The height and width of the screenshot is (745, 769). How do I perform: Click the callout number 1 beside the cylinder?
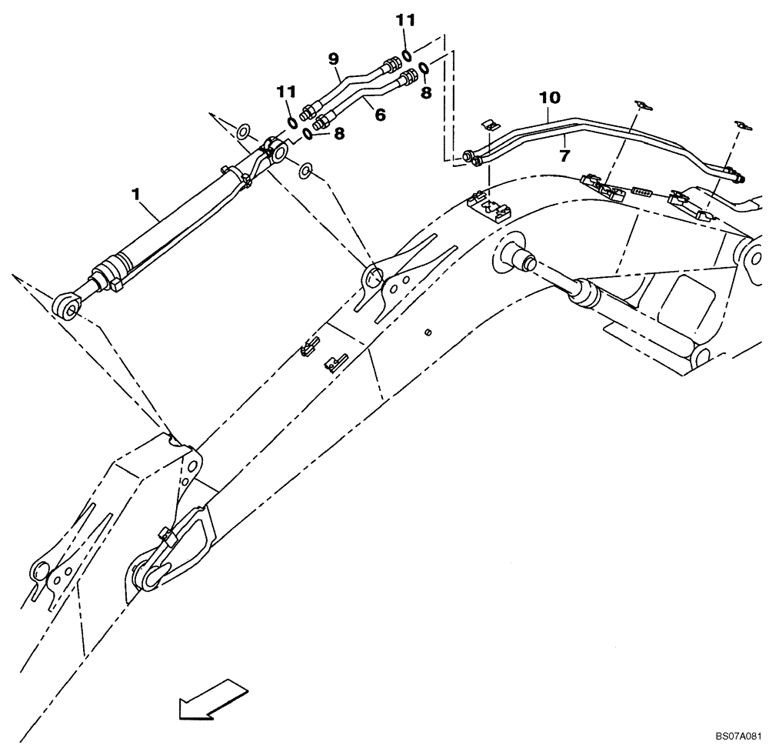(136, 195)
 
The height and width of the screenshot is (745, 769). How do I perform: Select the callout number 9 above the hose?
(333, 58)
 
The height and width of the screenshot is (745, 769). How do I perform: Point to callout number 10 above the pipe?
(549, 98)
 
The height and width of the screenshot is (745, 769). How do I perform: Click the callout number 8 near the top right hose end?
(425, 92)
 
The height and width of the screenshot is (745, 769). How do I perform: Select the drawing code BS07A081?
(736, 734)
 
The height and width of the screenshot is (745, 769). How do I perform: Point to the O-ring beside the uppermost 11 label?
(407, 54)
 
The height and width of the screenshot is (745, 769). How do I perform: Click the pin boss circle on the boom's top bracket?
(372, 275)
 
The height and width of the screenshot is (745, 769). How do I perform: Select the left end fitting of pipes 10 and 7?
(471, 158)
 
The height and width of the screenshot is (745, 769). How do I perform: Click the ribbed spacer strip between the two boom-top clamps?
(641, 191)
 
